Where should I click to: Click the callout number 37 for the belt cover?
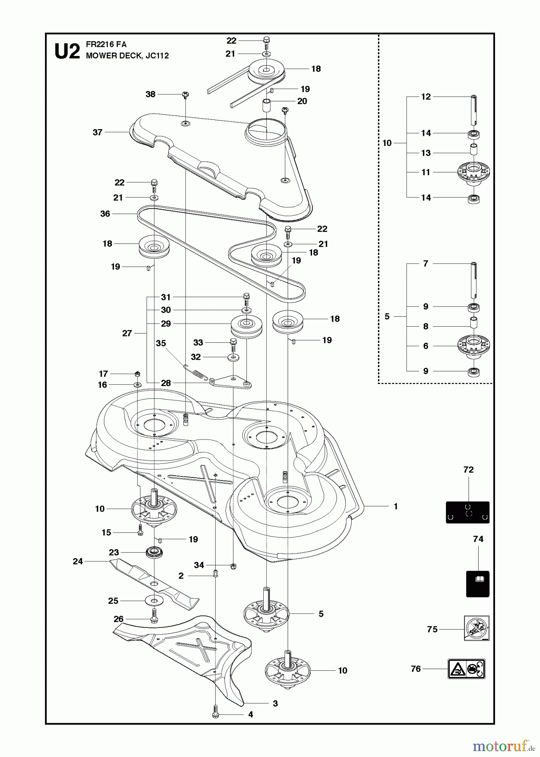(98, 132)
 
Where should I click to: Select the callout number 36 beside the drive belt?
(105, 214)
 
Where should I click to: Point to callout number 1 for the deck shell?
(395, 507)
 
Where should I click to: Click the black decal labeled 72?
(467, 512)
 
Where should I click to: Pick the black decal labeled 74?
(477, 584)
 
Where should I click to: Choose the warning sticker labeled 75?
(476, 628)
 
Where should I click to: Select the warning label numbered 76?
(466, 669)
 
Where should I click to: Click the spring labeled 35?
(197, 371)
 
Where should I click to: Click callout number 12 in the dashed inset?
(426, 97)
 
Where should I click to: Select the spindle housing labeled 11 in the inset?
(474, 171)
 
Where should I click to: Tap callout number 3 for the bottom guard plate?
(275, 704)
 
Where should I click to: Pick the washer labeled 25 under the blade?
(154, 600)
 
